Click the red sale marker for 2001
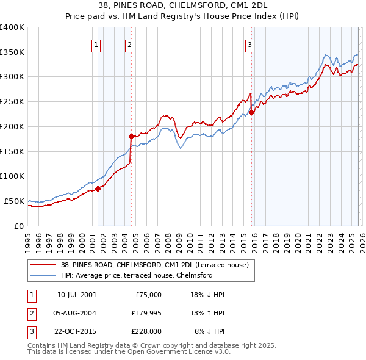pos(98,189)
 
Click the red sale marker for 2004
pos(131,136)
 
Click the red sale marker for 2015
pos(251,112)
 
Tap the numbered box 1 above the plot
pos(96,43)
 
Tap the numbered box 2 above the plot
pos(129,43)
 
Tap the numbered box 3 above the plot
pos(250,43)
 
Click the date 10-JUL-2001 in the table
pos(76,295)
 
